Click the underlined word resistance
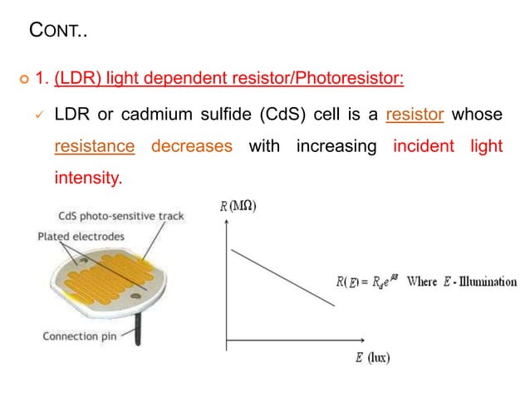click(x=94, y=147)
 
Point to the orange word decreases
click(x=191, y=147)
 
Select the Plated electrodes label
click(x=81, y=237)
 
